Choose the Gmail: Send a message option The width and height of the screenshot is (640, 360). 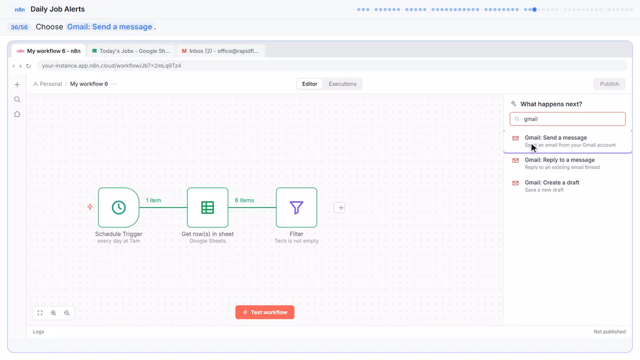tap(567, 141)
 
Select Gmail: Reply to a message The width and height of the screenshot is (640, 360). tap(567, 163)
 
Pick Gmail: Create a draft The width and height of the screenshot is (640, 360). tap(567, 186)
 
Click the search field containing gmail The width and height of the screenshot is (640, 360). tap(567, 119)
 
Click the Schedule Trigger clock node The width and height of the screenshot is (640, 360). tap(118, 207)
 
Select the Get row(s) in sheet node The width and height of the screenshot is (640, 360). tap(207, 207)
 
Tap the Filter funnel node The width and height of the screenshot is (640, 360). tap(296, 207)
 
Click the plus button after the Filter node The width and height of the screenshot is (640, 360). tap(339, 207)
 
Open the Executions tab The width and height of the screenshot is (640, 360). tap(342, 84)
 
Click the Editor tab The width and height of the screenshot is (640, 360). tap(309, 84)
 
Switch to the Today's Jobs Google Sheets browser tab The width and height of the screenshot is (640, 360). tap(131, 51)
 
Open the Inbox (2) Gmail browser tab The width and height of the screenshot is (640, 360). tap(220, 51)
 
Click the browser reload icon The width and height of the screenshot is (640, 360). tap(28, 66)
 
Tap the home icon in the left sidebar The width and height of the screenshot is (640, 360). tap(17, 114)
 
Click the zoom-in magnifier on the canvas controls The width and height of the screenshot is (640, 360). tap(53, 313)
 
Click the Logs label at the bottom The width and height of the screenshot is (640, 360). tap(38, 331)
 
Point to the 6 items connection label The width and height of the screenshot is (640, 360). tap(244, 200)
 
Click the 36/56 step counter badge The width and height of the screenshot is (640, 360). tap(19, 27)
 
